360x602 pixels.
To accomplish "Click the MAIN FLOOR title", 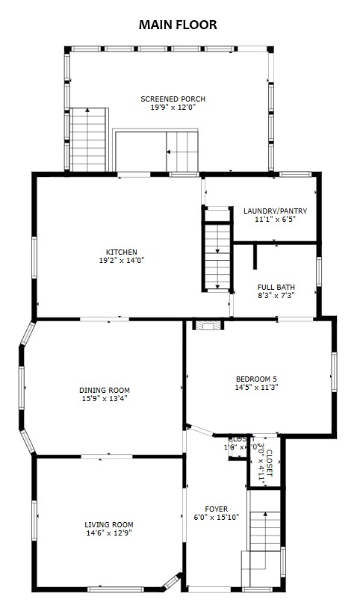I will (x=178, y=25).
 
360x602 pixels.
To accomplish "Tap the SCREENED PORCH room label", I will (x=173, y=99).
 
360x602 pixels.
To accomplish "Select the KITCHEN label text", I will (x=121, y=252).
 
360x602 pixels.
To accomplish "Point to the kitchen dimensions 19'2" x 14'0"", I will (x=121, y=261).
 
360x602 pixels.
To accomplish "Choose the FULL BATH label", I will (x=276, y=287).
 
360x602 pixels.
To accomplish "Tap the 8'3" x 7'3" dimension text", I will (x=276, y=296).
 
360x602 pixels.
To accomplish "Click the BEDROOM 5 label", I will (x=257, y=379).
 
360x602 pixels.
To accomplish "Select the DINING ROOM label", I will (x=105, y=390).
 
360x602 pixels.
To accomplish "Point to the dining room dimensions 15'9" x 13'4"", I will (x=105, y=398).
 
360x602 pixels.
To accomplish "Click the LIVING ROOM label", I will (x=109, y=524).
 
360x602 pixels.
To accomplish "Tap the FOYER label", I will (x=217, y=509).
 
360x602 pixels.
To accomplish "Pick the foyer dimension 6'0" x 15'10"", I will (x=217, y=517).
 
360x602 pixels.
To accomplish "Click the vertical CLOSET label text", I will (x=270, y=464).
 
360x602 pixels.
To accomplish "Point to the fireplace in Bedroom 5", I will (x=207, y=325).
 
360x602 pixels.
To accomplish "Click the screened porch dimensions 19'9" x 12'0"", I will (x=173, y=108).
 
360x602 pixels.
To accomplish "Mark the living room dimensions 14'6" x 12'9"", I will (x=109, y=533).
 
